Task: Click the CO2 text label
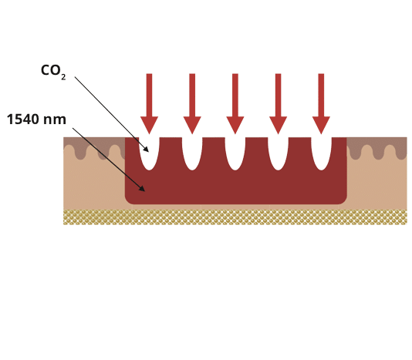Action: point(52,70)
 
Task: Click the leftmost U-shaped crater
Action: point(149,153)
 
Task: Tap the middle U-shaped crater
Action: point(235,153)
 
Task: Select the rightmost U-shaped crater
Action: point(321,153)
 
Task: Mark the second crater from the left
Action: point(192,153)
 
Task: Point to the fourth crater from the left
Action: point(279,153)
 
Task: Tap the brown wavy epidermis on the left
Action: point(93,146)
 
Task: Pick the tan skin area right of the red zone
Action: point(378,185)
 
